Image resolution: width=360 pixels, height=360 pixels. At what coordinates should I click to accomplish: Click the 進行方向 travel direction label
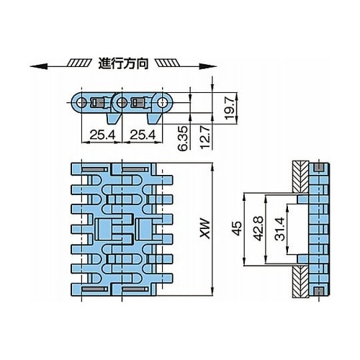click(123, 63)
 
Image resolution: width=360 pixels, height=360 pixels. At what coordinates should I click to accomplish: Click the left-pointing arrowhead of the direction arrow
click(38, 66)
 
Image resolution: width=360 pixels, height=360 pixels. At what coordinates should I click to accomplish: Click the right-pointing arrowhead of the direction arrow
click(208, 66)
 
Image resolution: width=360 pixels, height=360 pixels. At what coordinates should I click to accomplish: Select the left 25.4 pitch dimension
click(102, 135)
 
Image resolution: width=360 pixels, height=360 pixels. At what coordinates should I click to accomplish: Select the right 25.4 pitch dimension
click(143, 135)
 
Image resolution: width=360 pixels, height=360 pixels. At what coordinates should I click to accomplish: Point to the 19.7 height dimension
click(230, 108)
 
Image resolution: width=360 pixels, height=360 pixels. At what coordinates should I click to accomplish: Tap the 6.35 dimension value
click(183, 138)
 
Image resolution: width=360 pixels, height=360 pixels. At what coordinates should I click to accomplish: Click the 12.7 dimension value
click(204, 138)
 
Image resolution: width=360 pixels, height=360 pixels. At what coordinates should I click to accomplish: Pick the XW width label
click(205, 228)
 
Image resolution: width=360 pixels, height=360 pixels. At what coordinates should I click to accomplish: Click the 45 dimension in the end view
click(237, 228)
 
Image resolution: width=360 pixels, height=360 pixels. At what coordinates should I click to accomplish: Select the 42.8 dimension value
click(258, 228)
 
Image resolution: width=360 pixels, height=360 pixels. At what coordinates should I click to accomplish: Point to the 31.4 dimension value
click(280, 229)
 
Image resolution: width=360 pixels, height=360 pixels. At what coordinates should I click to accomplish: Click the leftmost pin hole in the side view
click(82, 103)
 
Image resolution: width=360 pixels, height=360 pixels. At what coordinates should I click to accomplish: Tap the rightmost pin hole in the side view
click(163, 103)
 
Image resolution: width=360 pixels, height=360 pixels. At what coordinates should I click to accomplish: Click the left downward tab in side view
click(113, 119)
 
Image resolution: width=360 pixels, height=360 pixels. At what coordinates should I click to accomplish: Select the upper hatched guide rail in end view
click(300, 177)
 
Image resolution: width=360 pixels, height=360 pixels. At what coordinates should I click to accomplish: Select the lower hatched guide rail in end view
click(300, 282)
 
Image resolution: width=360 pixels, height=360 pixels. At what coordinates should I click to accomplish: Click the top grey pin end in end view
click(319, 167)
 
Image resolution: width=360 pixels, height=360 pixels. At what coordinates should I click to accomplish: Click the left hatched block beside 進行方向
click(79, 63)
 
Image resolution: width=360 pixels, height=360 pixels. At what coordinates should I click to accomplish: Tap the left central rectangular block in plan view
click(104, 229)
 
